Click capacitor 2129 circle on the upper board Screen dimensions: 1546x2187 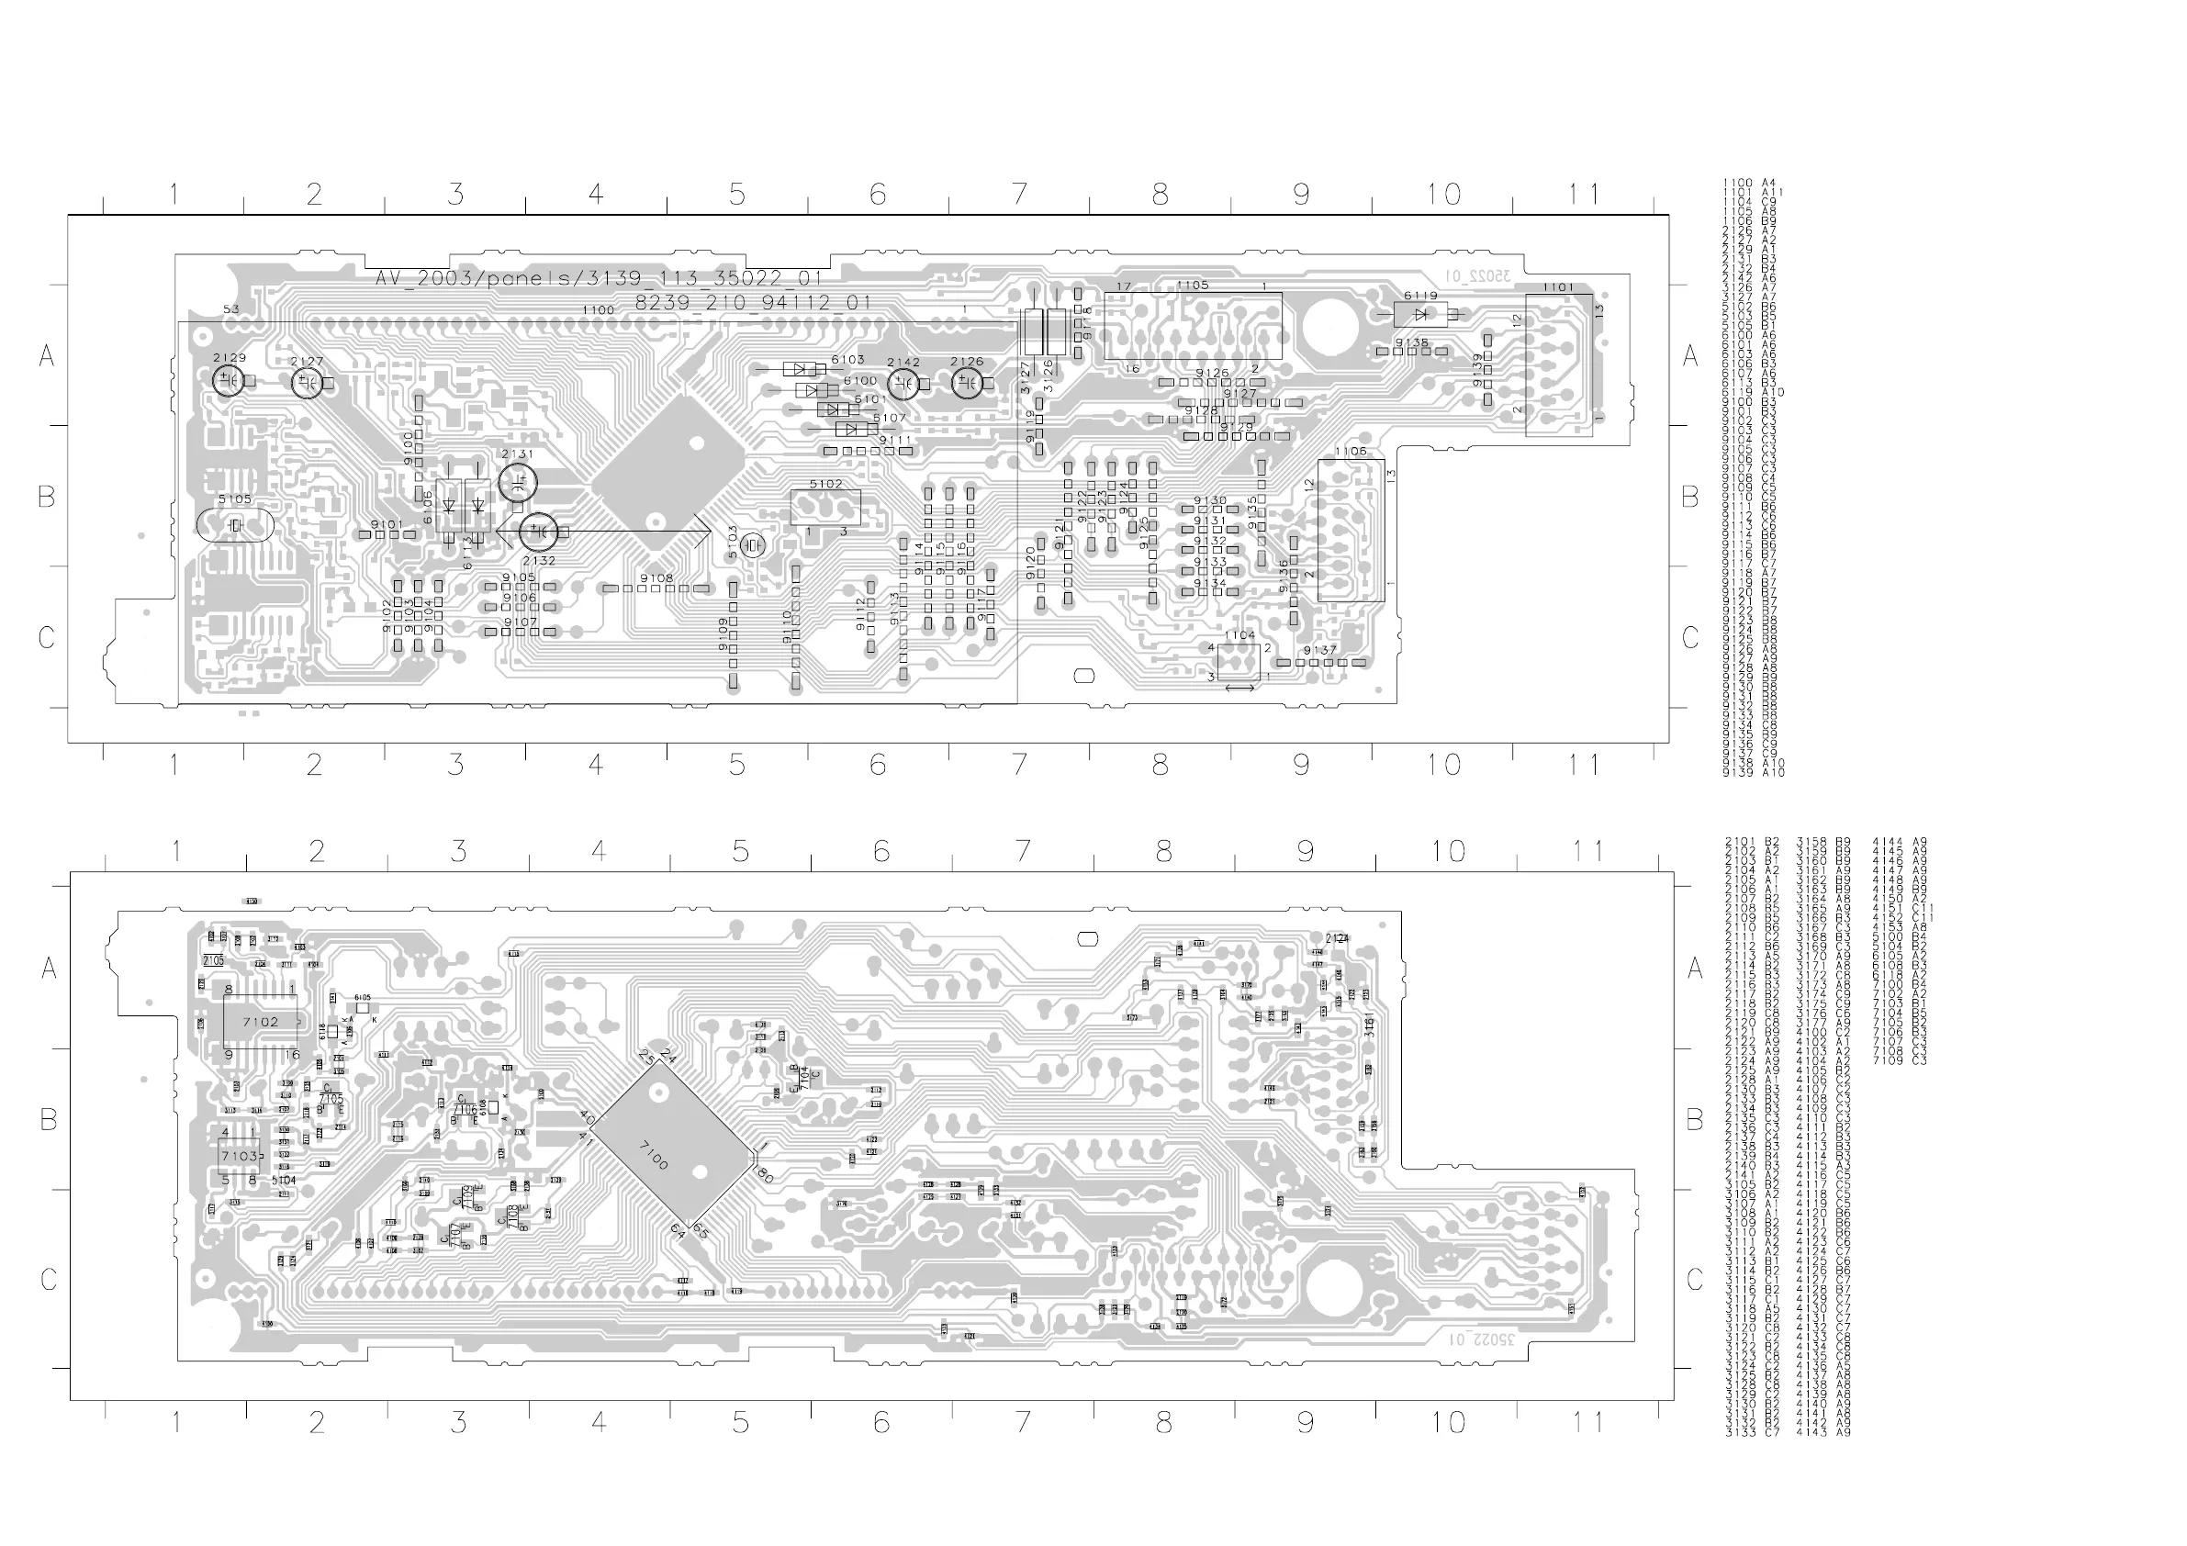pos(227,381)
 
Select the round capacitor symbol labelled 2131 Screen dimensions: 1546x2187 pos(518,482)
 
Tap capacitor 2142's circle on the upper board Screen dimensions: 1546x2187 pos(903,384)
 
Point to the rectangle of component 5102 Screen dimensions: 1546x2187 pos(825,508)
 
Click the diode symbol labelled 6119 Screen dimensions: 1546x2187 pos(1420,313)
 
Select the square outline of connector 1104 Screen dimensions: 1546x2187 pos(1239,662)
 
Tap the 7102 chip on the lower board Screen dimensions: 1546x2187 pos(260,1022)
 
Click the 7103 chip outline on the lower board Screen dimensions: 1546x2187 pos(239,1156)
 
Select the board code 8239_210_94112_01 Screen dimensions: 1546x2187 pos(753,303)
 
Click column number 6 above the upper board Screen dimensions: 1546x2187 pos(877,195)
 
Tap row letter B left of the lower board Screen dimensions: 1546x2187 pos(49,1120)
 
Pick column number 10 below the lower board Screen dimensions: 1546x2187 pos(1447,1422)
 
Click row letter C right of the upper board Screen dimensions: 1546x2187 pos(1689,637)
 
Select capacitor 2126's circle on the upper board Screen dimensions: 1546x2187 pos(967,383)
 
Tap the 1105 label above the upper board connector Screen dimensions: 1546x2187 pos(1192,285)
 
